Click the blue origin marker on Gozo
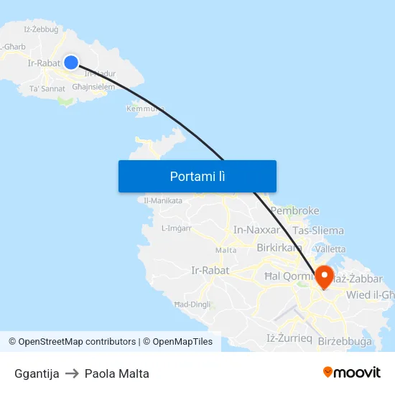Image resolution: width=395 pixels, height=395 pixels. pyautogui.click(x=70, y=62)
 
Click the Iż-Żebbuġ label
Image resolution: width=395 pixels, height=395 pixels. pyautogui.click(x=41, y=29)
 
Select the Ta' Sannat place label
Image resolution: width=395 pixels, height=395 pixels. pyautogui.click(x=47, y=88)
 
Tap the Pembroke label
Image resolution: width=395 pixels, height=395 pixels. pyautogui.click(x=294, y=210)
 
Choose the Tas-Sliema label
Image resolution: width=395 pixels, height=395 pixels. pyautogui.click(x=317, y=231)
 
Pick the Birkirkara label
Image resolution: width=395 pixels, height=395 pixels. pyautogui.click(x=279, y=248)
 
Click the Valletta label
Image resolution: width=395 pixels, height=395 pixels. pyautogui.click(x=330, y=248)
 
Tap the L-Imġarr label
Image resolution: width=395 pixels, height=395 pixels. pyautogui.click(x=177, y=228)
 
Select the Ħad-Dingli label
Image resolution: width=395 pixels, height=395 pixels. pyautogui.click(x=192, y=304)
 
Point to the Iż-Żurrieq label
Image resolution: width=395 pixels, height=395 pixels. pyautogui.click(x=289, y=338)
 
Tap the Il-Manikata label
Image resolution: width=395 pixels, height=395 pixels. pyautogui.click(x=163, y=200)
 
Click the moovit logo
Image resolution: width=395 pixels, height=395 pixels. pyautogui.click(x=351, y=373)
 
